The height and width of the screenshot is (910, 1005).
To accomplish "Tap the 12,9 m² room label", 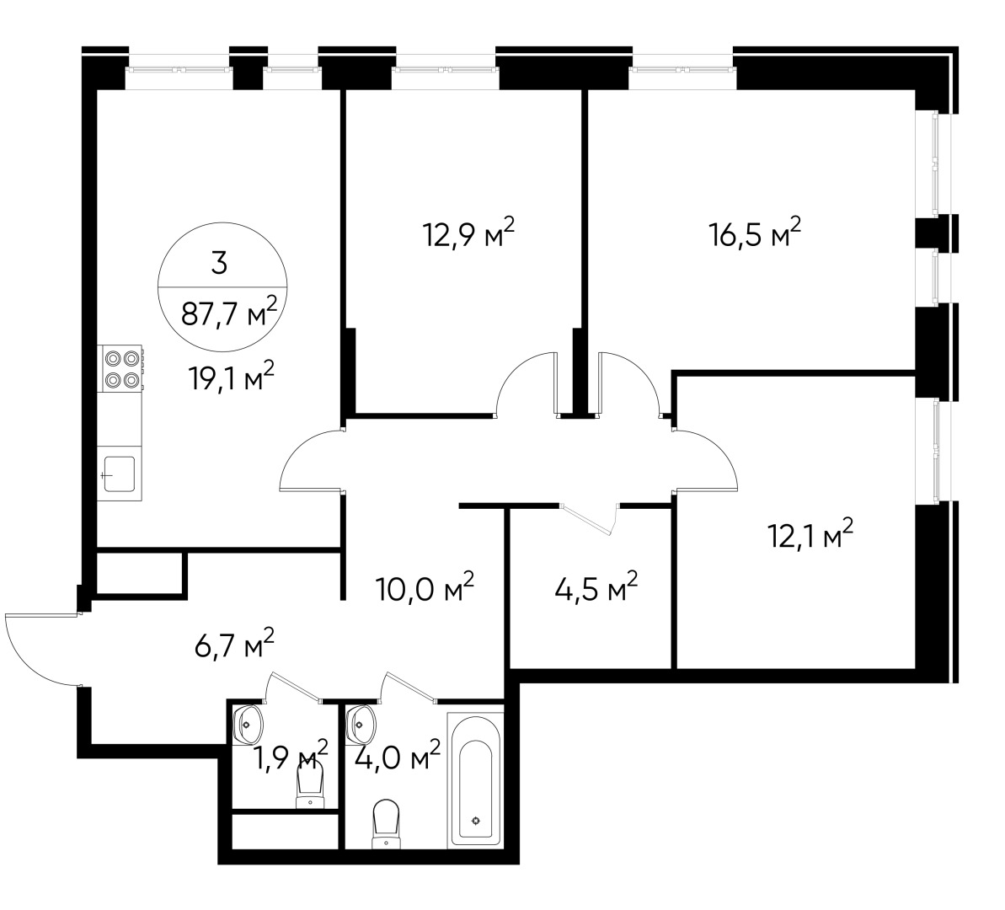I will click(468, 235).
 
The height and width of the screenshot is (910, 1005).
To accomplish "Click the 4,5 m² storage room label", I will click(596, 587).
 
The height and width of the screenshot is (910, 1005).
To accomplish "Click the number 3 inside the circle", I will click(219, 264).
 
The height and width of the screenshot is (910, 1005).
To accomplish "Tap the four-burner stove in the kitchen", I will click(120, 369).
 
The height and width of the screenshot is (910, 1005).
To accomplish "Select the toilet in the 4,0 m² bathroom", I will click(386, 822).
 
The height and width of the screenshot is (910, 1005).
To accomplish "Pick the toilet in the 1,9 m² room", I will click(310, 788).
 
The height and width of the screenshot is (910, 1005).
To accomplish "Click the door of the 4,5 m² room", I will click(590, 519).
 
